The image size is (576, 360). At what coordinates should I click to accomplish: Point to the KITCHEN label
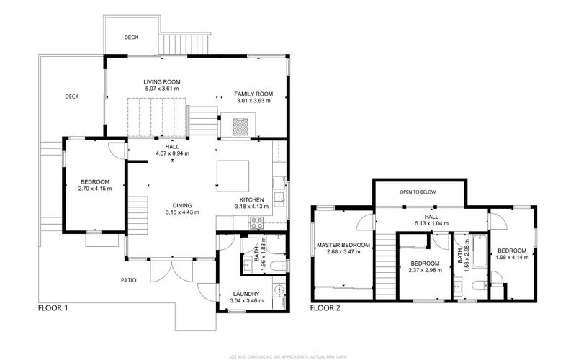tap(251, 199)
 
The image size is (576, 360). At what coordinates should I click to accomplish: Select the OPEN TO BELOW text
tap(420, 193)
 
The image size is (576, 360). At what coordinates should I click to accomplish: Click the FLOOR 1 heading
tap(53, 307)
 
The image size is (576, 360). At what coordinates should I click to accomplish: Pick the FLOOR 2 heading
tap(326, 307)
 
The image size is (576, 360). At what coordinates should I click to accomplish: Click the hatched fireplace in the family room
tap(240, 125)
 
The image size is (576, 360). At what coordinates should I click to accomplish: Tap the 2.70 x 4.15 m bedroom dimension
tap(94, 189)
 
